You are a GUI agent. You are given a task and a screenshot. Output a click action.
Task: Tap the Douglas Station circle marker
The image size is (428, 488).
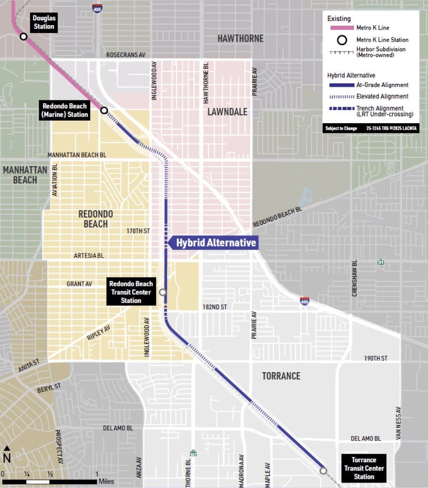click(x=23, y=37)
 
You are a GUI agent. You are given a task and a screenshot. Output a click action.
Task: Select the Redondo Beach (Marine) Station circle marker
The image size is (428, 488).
click(x=104, y=110)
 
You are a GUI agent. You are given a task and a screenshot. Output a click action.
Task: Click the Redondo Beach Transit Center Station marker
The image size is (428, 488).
click(x=163, y=292)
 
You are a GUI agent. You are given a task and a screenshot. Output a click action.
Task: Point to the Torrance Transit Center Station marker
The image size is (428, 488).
click(x=323, y=471)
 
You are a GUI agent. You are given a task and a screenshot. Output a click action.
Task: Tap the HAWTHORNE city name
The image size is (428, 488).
click(x=240, y=39)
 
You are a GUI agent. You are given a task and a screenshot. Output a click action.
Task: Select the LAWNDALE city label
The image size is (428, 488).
click(x=227, y=112)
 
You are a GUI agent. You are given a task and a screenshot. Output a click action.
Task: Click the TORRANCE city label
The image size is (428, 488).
click(x=281, y=376)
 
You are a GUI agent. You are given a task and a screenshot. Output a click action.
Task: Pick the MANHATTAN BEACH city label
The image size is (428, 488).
click(x=25, y=175)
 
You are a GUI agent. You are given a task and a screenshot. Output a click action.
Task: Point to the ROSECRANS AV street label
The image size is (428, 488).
click(x=126, y=55)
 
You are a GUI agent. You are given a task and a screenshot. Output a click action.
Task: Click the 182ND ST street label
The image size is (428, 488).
click(x=214, y=307)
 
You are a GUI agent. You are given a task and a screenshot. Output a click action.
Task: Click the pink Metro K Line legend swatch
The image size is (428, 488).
click(x=342, y=28)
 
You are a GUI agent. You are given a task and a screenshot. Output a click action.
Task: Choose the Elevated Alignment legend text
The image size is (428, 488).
click(x=382, y=96)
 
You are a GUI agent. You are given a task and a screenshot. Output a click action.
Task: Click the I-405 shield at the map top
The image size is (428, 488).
click(x=97, y=8)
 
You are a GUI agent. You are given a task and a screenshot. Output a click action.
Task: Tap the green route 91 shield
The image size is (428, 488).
click(x=382, y=262)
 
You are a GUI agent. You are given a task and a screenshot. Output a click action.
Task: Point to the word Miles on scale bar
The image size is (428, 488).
click(x=107, y=481)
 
